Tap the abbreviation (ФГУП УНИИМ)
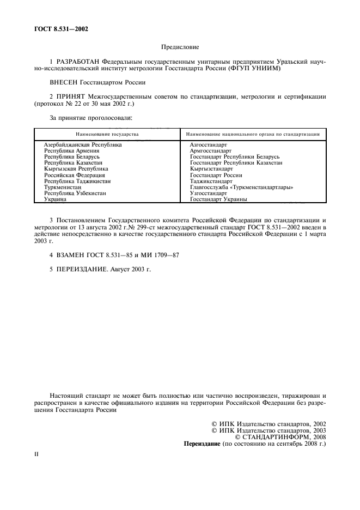point(260,70)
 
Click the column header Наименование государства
point(107,133)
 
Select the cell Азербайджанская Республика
point(83,145)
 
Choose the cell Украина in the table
point(56,199)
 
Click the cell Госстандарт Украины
point(219,199)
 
